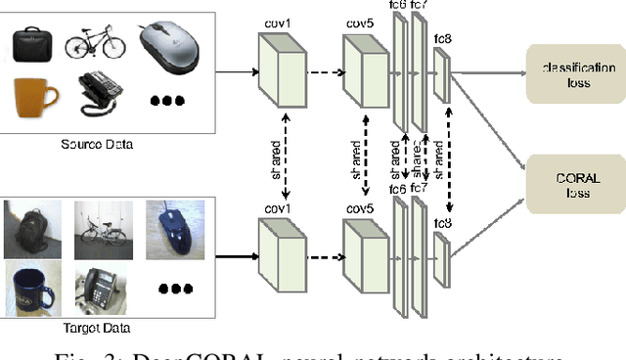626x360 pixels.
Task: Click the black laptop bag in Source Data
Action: coord(35,43)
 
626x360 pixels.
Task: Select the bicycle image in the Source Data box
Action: coord(95,43)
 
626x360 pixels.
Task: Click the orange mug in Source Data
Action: coord(34,97)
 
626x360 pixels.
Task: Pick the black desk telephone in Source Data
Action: coord(97,98)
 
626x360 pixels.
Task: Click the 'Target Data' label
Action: coord(96,328)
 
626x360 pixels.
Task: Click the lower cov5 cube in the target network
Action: coord(366,251)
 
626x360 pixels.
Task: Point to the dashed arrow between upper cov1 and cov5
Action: coord(324,71)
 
